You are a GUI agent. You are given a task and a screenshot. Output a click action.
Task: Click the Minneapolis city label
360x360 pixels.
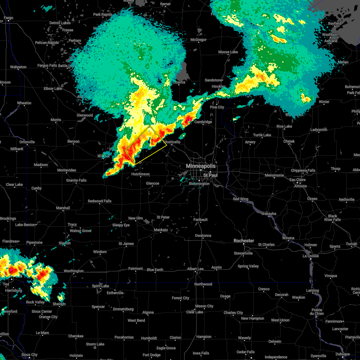[201, 166]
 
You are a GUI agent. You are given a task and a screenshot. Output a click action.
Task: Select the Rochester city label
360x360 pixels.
[244, 241]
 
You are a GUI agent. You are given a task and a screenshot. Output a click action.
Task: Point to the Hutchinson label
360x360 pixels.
[140, 174]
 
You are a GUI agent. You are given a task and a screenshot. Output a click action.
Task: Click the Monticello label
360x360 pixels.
[172, 142]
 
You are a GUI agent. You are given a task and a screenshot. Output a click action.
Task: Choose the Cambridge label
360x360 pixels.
[203, 122]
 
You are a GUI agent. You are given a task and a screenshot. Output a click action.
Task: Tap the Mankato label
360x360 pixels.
[161, 230]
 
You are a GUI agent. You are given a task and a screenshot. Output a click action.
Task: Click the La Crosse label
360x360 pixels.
[310, 256]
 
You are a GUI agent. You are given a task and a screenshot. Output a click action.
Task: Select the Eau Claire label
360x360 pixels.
[297, 180]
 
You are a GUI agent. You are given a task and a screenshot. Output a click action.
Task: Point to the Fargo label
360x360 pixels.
[8, 18]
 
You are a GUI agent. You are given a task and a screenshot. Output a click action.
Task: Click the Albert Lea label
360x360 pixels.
[195, 269]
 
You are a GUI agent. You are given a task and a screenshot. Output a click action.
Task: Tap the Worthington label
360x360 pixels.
[73, 271]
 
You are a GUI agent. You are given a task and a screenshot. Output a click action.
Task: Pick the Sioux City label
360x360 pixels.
[29, 355]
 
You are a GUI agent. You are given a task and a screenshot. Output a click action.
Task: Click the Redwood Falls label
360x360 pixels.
[100, 201]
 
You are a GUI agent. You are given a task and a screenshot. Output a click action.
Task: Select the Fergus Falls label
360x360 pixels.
[47, 66]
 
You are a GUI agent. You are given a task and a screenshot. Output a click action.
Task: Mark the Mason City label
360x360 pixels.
[204, 306]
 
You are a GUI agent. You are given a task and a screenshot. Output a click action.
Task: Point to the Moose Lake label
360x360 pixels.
[228, 52]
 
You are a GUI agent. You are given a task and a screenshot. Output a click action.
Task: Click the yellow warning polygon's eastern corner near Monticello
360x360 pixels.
[167, 145]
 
